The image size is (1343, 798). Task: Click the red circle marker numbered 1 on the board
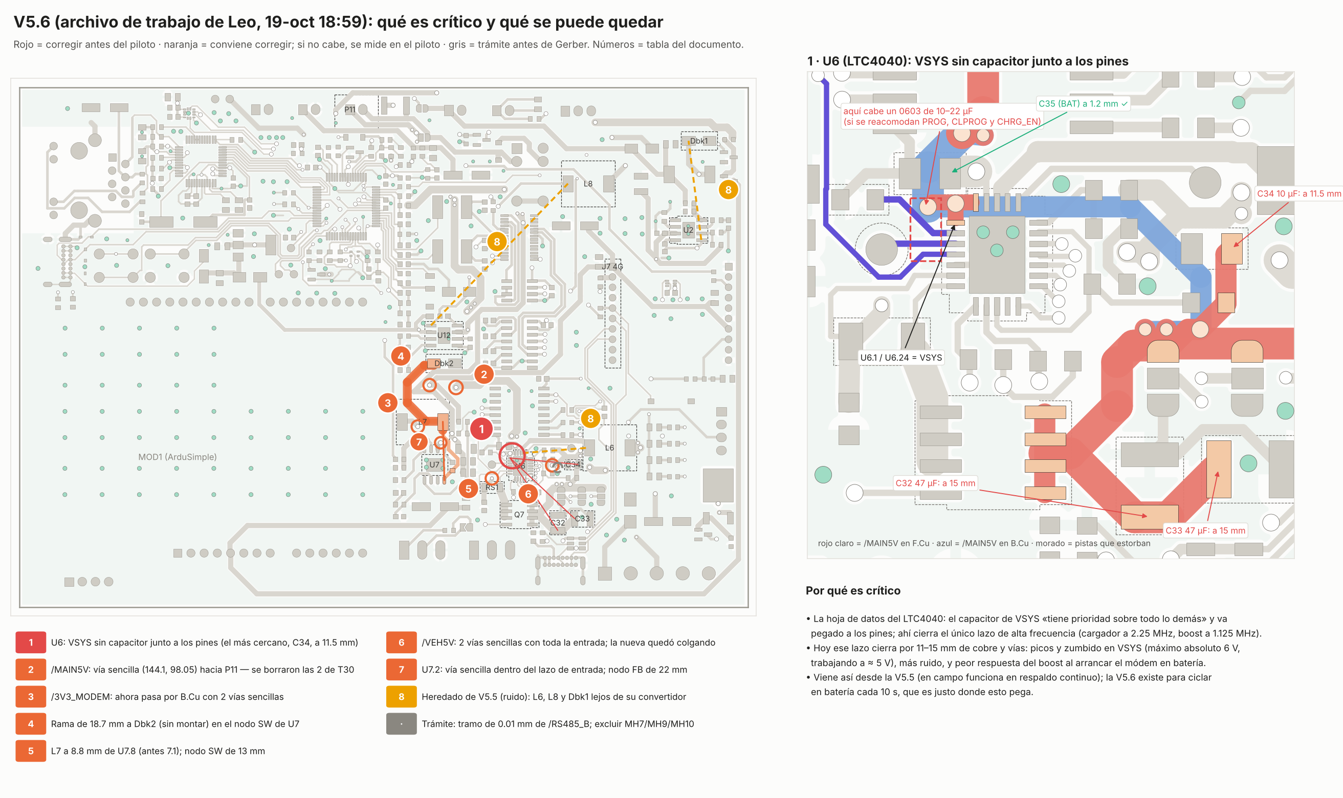(x=481, y=429)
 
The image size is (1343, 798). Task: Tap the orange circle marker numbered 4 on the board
(x=401, y=356)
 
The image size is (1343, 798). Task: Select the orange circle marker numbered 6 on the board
(x=528, y=494)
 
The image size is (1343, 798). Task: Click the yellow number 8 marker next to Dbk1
(x=728, y=190)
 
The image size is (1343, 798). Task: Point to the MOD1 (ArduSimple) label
(x=178, y=457)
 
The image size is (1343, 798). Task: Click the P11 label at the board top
(x=349, y=109)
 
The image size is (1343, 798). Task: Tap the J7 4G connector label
(x=612, y=267)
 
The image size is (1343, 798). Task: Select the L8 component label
(x=588, y=184)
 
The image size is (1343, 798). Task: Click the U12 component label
(x=444, y=336)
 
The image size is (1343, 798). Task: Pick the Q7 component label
(x=519, y=515)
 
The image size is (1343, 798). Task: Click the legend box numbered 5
(x=31, y=750)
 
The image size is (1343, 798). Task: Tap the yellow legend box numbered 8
(x=401, y=697)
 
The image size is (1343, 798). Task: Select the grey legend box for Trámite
(x=401, y=724)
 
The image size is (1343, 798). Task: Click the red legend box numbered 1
(x=31, y=642)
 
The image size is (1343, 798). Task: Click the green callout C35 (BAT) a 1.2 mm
(x=1083, y=104)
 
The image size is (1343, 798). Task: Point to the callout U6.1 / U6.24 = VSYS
(x=901, y=358)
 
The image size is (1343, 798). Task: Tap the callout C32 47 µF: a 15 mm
(x=935, y=483)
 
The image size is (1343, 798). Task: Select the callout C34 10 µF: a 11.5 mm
(x=1298, y=193)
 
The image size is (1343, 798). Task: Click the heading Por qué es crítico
(x=852, y=590)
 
